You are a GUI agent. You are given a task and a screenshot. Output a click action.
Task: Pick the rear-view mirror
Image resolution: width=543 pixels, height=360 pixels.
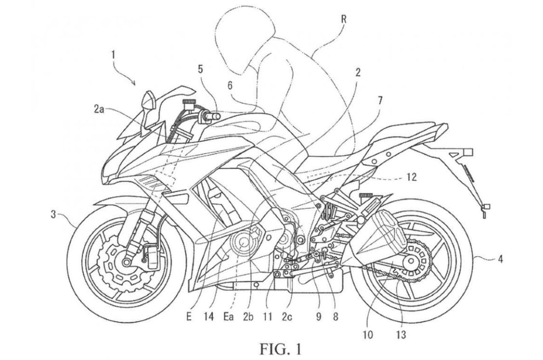pyautogui.click(x=148, y=102)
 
